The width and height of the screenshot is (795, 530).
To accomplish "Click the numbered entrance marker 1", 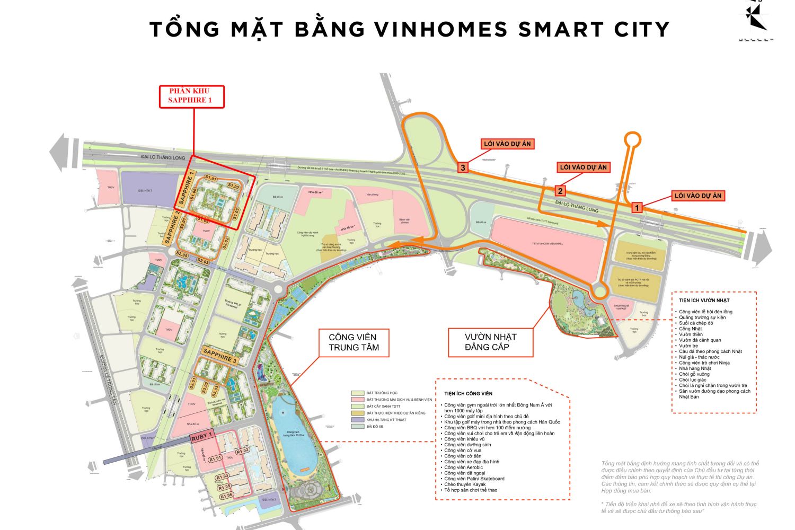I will click(637, 208).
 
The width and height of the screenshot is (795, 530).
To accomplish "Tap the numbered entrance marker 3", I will click(463, 168).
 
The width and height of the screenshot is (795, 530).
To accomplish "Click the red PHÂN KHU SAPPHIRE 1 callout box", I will click(192, 96).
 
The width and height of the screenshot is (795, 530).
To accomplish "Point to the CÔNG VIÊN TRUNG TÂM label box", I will click(353, 342).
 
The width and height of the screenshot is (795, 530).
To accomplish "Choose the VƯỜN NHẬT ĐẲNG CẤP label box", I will click(490, 342).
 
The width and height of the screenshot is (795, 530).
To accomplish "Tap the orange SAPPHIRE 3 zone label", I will click(221, 355).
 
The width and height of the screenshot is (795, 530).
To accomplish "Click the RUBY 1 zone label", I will click(201, 436).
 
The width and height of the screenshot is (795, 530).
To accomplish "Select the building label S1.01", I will click(211, 179).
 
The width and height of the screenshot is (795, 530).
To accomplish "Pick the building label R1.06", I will click(226, 495).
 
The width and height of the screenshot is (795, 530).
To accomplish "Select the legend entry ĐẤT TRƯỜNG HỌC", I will click(382, 393).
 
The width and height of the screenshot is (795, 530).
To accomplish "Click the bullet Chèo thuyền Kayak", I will click(465, 484).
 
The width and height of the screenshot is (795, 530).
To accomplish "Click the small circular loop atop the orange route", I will click(633, 139).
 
